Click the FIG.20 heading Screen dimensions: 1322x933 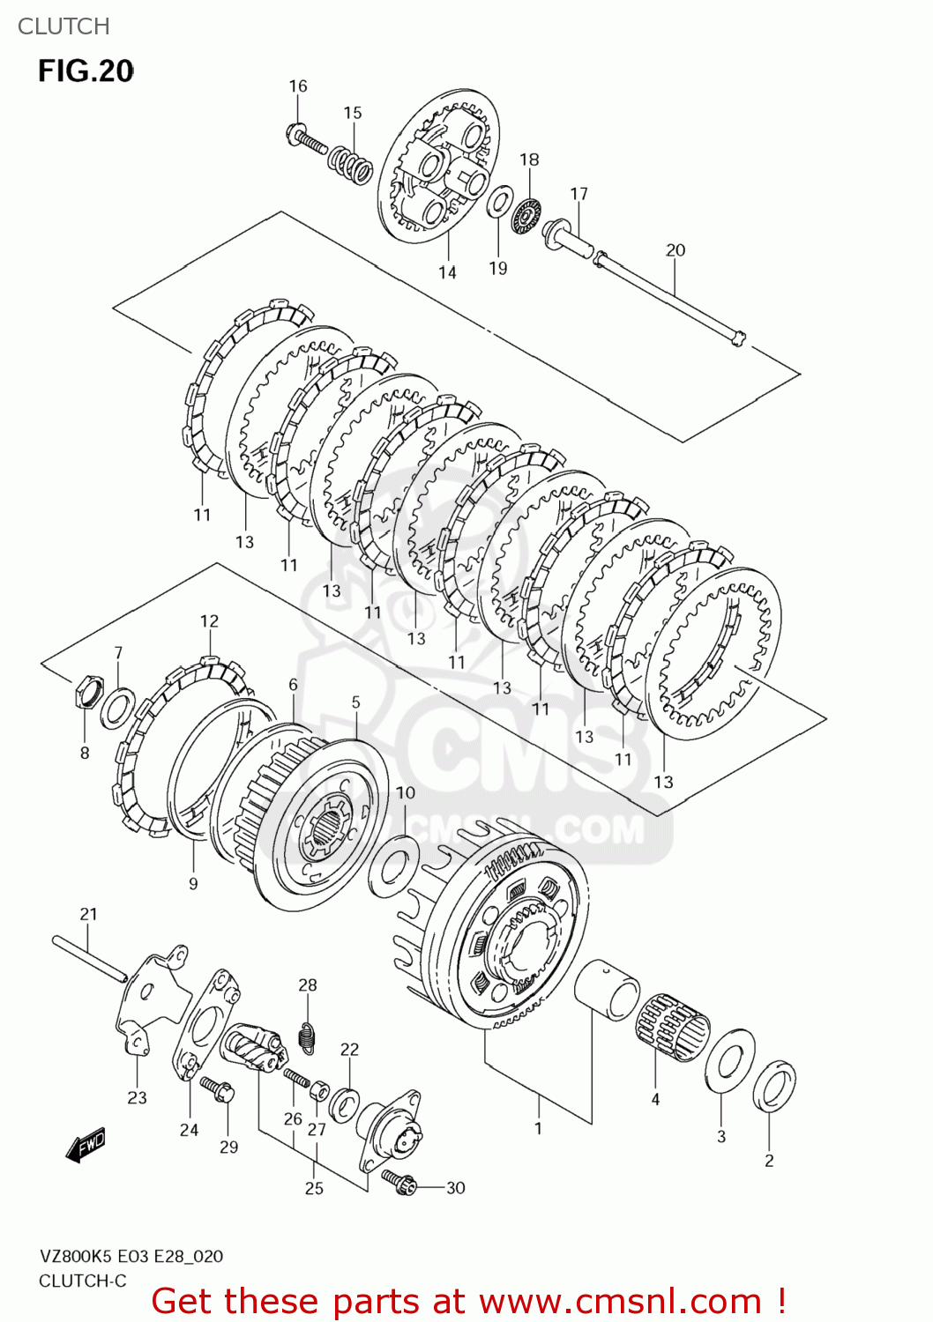click(x=86, y=71)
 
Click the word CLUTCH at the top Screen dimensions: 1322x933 click(x=63, y=26)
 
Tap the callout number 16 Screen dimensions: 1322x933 click(x=298, y=86)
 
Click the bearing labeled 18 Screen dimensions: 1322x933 click(x=526, y=216)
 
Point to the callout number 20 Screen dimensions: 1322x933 click(x=675, y=250)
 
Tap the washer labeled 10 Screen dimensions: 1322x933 click(x=393, y=865)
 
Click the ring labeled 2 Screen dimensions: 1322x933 click(x=774, y=1087)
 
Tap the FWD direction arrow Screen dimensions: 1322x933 click(x=86, y=1146)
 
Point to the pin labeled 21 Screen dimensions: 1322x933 click(x=89, y=957)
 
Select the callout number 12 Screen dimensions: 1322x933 click(x=209, y=621)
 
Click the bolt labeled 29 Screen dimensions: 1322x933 click(x=217, y=1089)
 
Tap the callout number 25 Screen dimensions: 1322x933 click(x=314, y=1188)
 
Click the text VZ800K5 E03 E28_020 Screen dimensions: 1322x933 click(x=131, y=1256)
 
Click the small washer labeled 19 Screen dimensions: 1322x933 click(x=500, y=202)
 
